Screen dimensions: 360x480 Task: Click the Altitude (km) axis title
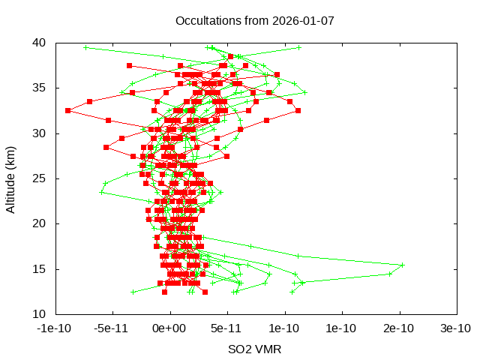click(11, 178)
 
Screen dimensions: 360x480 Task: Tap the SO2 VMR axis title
click(255, 349)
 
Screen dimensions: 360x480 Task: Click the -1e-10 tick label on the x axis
click(55, 328)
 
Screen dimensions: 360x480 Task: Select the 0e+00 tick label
click(170, 328)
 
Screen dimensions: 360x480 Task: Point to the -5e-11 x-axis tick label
click(112, 328)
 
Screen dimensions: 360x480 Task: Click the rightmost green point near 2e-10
click(403, 265)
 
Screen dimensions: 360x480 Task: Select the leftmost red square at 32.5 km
click(67, 111)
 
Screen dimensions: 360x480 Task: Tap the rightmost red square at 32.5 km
click(298, 111)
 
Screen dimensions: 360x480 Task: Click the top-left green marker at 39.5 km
click(85, 47)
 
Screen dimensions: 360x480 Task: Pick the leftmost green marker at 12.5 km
click(133, 292)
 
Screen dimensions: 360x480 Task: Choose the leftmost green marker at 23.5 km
click(101, 192)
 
